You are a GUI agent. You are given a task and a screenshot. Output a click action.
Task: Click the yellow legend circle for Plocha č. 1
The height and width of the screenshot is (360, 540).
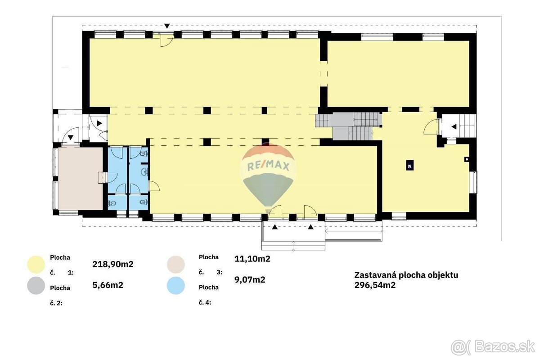[x=36, y=265]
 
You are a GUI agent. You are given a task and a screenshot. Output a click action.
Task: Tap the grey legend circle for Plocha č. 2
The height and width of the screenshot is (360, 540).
[x=36, y=285]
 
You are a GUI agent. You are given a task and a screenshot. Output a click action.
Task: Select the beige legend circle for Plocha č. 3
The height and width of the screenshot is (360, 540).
[x=176, y=265]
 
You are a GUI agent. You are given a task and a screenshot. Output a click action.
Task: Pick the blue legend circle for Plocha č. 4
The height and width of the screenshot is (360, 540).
[x=176, y=285]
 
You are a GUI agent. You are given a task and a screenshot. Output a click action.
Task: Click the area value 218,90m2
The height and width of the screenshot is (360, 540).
[x=113, y=264]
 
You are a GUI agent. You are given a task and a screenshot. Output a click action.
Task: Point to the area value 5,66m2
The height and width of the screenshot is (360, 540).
[x=108, y=285]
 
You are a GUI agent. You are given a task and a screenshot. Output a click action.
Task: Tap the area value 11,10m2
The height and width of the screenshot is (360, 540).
[x=252, y=259]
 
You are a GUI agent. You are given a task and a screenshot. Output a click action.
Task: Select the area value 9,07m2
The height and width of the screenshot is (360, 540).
[x=250, y=279]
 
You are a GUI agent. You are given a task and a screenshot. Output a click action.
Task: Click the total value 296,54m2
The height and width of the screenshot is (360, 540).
[x=375, y=285]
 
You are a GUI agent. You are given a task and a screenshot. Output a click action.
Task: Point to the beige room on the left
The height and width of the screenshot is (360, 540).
[x=81, y=179]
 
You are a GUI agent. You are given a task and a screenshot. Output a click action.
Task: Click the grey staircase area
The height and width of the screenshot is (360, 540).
[x=349, y=127]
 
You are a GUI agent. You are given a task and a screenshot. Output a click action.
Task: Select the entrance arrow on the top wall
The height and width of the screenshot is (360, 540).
[x=167, y=26]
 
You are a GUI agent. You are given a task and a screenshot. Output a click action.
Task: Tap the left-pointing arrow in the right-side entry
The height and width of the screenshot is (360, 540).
[x=454, y=126]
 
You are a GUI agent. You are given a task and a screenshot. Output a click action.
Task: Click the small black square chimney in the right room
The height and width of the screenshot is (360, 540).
[x=409, y=166]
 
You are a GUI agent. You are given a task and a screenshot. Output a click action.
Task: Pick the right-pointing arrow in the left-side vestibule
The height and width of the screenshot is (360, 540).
[x=99, y=123]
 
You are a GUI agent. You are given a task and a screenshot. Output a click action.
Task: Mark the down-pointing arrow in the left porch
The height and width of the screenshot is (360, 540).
[x=70, y=137]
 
